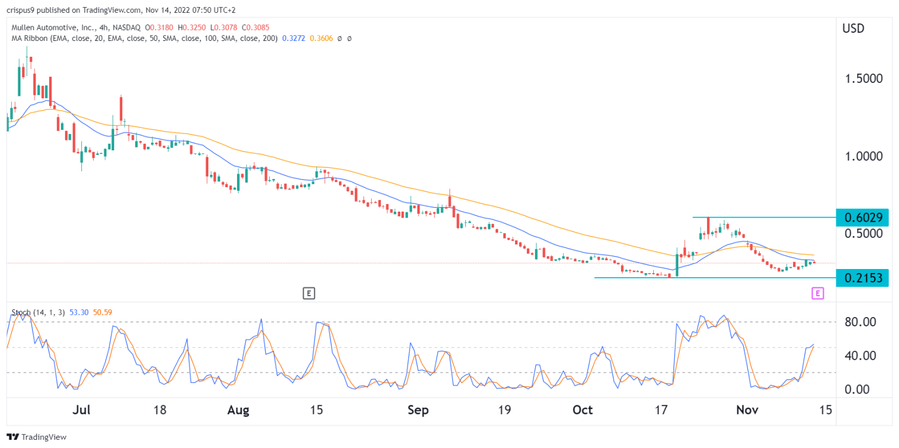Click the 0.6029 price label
click(x=863, y=218)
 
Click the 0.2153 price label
click(x=863, y=278)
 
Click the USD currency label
click(x=853, y=28)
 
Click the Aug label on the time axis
click(x=238, y=410)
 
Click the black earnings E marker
click(x=309, y=293)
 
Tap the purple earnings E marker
click(x=818, y=293)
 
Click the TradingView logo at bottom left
click(x=36, y=437)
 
